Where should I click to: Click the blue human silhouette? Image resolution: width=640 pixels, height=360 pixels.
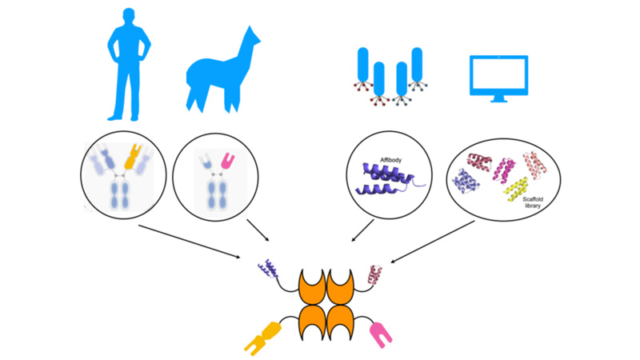click(127, 64)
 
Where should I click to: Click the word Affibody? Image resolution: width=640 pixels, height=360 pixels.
click(391, 161)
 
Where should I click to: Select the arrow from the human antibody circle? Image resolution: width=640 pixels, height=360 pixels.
click(192, 240)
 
